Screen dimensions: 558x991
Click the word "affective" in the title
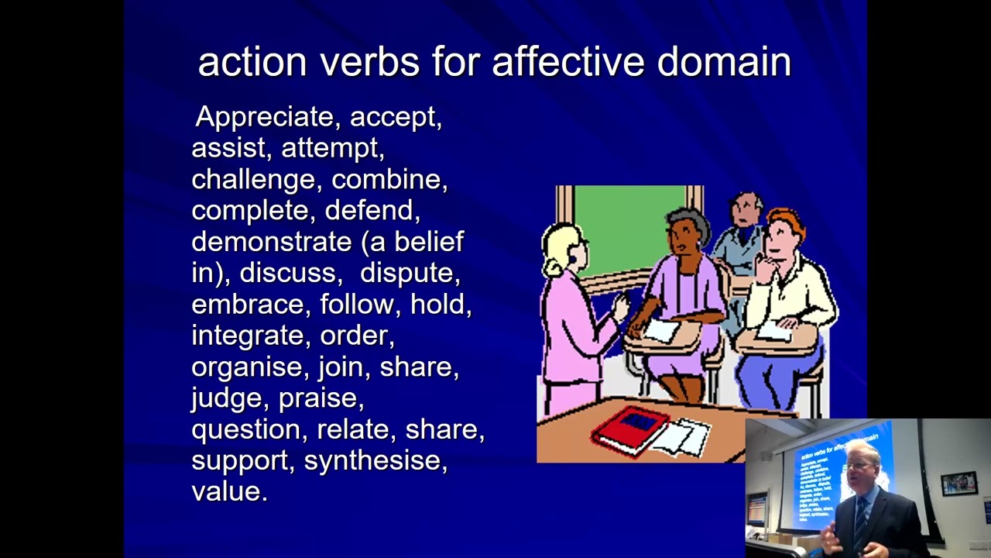point(568,62)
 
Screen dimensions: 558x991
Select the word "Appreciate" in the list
point(264,117)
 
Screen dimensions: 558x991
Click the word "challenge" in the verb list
point(253,180)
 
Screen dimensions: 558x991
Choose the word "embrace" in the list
point(248,305)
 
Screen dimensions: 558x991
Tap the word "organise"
point(247,367)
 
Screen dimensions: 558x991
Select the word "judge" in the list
point(227,398)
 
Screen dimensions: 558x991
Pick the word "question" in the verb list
point(245,429)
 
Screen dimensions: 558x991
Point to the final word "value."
point(229,491)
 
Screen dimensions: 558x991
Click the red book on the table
point(631,430)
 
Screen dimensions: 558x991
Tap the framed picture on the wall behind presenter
point(958,484)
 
